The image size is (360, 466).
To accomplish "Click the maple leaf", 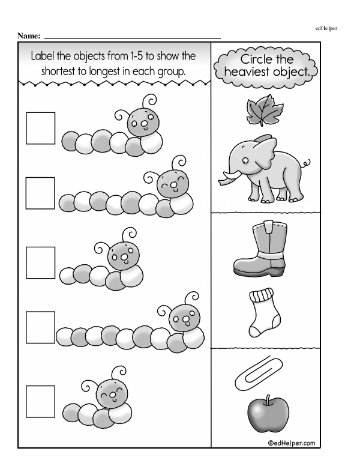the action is click(264, 110).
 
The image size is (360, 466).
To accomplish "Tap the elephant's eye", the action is click(245, 161).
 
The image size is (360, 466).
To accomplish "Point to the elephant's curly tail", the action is click(305, 163).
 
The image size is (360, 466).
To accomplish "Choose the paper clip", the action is click(258, 374).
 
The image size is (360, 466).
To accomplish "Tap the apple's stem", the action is click(268, 400).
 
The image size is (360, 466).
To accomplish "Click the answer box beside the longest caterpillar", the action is click(40, 327).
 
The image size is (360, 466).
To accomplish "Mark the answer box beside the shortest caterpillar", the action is click(40, 402).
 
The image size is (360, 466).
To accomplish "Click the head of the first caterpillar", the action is click(143, 122).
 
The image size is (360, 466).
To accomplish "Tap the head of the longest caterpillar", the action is click(184, 319).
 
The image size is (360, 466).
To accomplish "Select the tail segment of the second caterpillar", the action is click(67, 203).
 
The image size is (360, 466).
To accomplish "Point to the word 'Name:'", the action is click(29, 36).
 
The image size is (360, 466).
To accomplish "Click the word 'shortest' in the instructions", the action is click(58, 71).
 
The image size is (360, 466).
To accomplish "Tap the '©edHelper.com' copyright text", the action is click(292, 443).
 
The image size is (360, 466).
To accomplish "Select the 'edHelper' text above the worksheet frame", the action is click(326, 28).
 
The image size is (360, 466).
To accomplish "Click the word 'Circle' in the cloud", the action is click(255, 59).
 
